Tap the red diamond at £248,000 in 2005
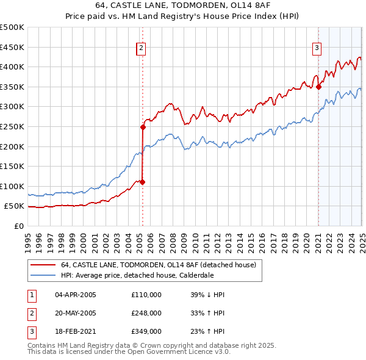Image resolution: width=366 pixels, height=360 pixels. tap(143, 128)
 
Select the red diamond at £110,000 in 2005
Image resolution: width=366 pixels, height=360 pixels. tap(142, 182)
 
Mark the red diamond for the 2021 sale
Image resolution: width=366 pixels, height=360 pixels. tap(318, 87)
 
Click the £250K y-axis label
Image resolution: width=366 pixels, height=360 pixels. tap(12, 126)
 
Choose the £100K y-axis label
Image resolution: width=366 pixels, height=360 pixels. tap(12, 186)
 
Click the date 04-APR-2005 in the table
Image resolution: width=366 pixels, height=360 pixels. tap(76, 295)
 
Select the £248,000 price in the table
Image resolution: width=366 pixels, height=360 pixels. tap(146, 313)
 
